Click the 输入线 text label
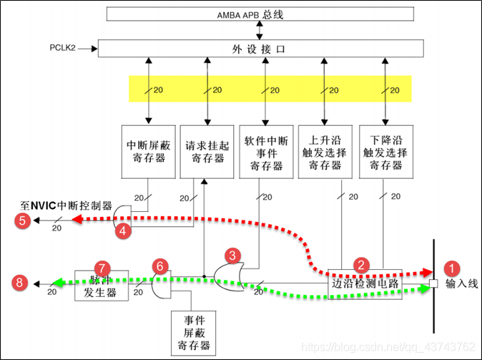pos(460,285)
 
